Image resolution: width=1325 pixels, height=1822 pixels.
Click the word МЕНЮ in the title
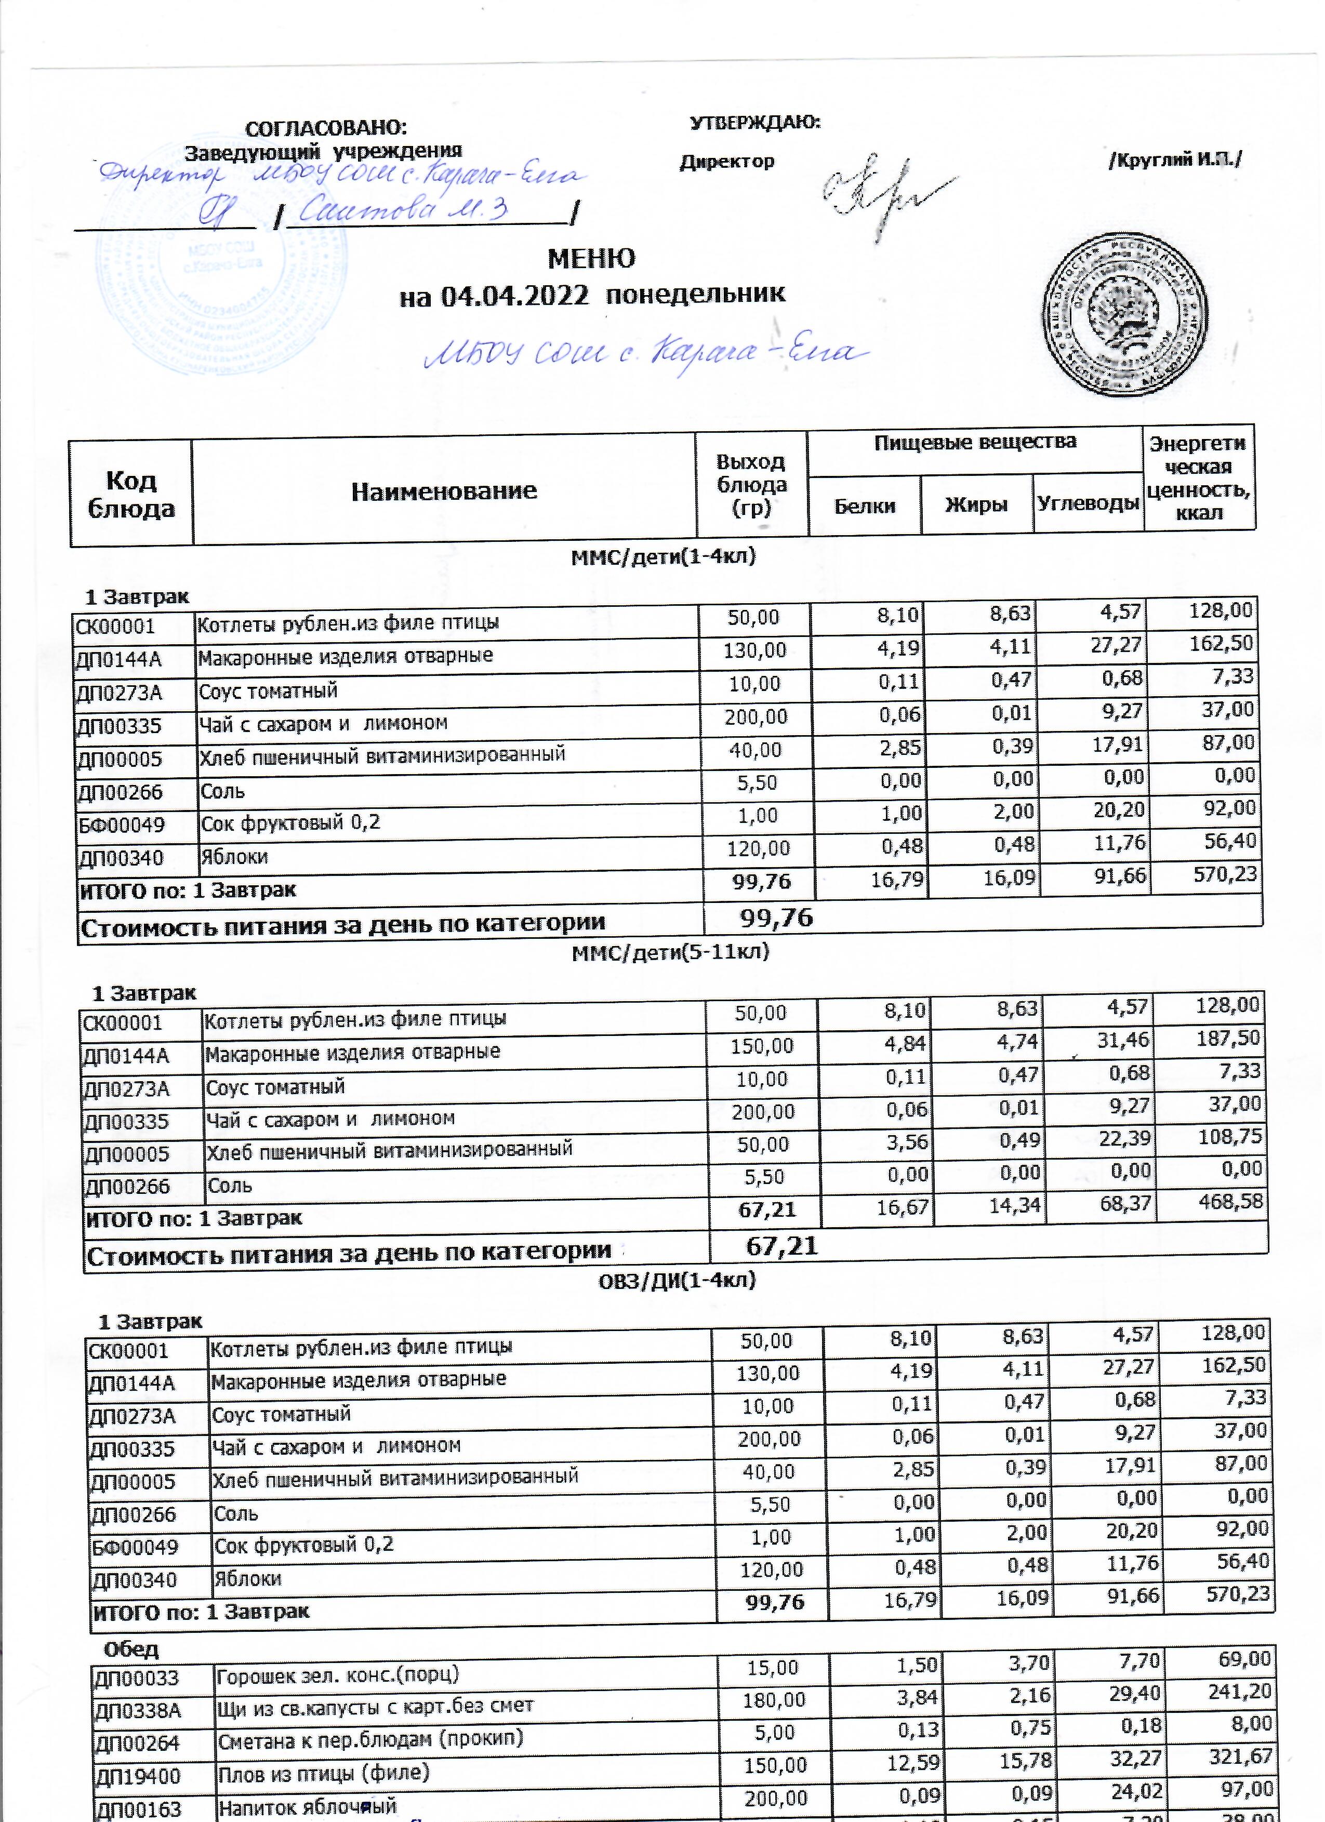[591, 259]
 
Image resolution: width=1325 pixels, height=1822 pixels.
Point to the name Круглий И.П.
[1175, 160]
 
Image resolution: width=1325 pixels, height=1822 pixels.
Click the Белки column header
[865, 506]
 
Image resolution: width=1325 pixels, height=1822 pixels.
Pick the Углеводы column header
[1088, 504]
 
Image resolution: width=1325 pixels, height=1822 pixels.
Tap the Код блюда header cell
[131, 494]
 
